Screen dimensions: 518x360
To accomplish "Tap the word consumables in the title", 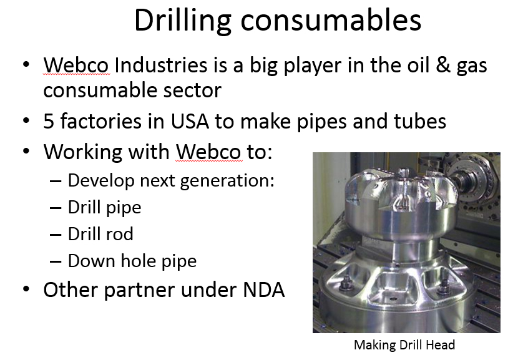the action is pos(331,21).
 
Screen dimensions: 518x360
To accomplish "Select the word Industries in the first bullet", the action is pos(161,65).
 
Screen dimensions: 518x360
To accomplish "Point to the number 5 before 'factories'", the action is pos(49,121).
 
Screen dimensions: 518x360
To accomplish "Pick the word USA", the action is pos(190,121).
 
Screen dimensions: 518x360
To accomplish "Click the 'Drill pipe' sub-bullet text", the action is pos(104,207).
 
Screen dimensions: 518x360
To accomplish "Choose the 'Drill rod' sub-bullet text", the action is pos(100,234).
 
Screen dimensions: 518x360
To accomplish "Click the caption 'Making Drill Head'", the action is pos(404,345).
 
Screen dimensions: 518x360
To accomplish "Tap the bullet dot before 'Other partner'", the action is pos(26,289).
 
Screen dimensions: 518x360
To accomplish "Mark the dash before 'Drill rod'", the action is pos(56,235).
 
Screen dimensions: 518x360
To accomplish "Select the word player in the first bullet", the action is pos(312,66).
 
